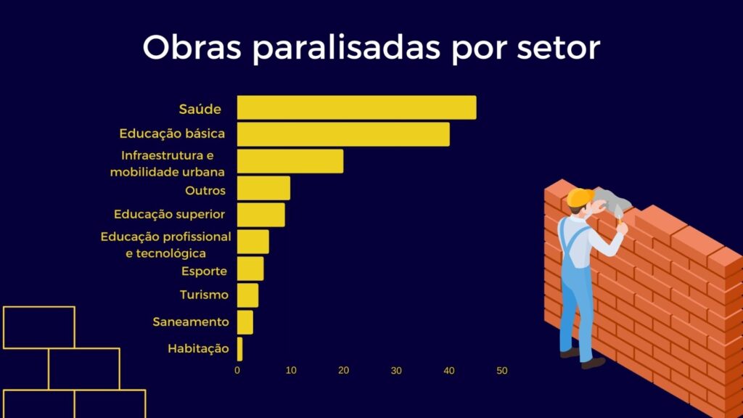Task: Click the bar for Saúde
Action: pos(356,107)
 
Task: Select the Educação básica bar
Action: pos(343,134)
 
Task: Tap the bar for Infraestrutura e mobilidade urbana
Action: pos(290,161)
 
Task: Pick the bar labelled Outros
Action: pos(263,188)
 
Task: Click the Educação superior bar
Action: pos(260,215)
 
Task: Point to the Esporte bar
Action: pos(250,269)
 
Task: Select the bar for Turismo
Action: pos(247,295)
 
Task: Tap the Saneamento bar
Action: pos(245,322)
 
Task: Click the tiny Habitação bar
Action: pos(240,349)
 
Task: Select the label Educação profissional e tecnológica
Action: pos(166,245)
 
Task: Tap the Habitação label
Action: pos(198,349)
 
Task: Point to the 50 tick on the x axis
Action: pos(502,371)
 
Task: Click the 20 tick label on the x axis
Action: pos(343,371)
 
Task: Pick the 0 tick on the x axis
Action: pos(237,371)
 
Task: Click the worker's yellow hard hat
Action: pos(579,197)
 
